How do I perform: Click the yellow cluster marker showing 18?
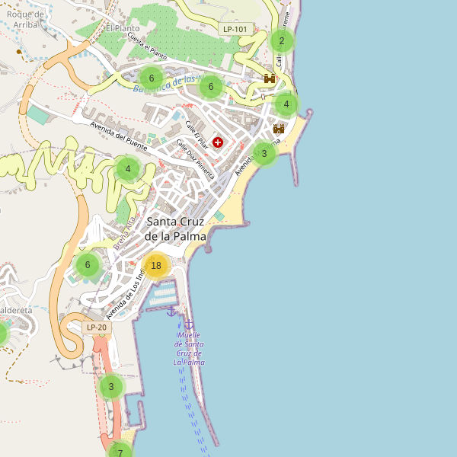[156, 265]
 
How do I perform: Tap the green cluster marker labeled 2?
[281, 40]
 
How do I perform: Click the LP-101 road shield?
[235, 29]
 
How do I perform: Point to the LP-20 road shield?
[97, 328]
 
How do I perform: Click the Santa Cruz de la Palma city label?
[176, 228]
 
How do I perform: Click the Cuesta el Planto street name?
[147, 46]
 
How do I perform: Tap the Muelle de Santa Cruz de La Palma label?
[188, 348]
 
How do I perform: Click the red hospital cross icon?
[219, 142]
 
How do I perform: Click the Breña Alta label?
[124, 235]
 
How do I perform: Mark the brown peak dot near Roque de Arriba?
[19, 52]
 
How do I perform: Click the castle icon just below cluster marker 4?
[279, 129]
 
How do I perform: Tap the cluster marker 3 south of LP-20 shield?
[111, 386]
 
